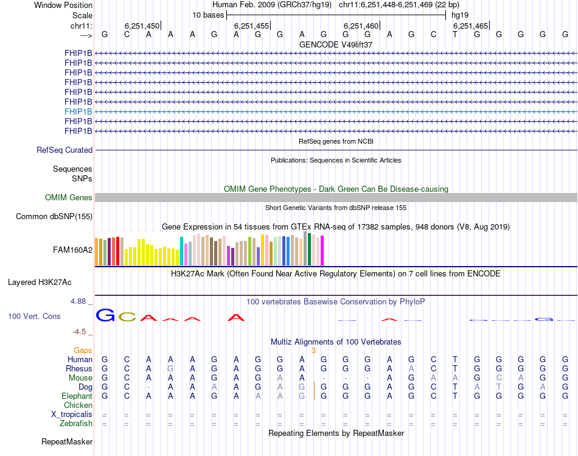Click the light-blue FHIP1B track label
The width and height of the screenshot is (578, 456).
coord(78,111)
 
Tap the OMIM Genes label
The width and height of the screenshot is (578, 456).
coord(69,197)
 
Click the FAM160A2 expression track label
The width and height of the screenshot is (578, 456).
coord(72,249)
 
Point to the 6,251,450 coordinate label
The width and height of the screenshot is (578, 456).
coord(142,26)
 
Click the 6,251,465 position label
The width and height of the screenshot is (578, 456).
coord(470,26)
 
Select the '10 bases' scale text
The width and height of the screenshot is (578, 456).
coord(208,15)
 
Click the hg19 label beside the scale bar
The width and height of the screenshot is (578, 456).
coord(459,15)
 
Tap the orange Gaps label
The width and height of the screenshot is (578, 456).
coord(83,350)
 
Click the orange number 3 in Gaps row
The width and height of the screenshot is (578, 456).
coord(313,350)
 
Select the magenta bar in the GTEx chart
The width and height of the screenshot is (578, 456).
coord(322,250)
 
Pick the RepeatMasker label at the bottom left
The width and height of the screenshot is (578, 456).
coord(67,441)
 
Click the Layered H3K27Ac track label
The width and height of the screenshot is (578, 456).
coord(40,282)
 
